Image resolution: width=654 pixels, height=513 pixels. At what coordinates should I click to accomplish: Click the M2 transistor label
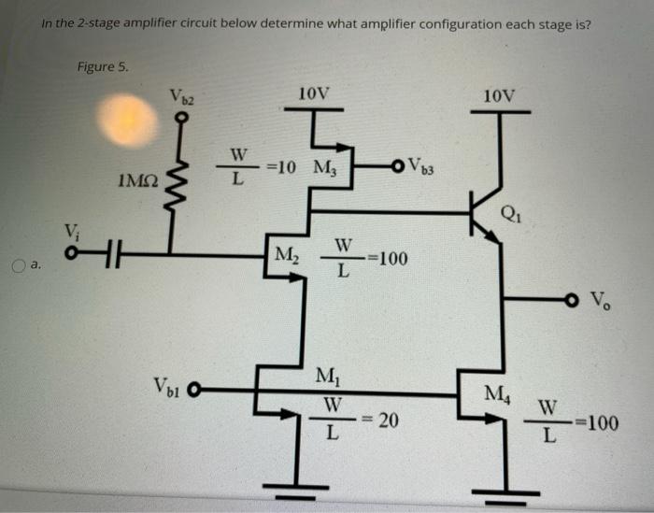click(x=286, y=252)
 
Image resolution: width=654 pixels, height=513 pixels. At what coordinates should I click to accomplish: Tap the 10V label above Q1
click(x=500, y=94)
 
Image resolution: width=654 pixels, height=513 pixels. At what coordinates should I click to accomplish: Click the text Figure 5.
click(x=104, y=66)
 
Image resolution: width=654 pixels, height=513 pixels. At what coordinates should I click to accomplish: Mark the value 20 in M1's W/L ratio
click(x=388, y=421)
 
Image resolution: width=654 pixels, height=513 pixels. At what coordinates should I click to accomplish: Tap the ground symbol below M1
click(x=297, y=486)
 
